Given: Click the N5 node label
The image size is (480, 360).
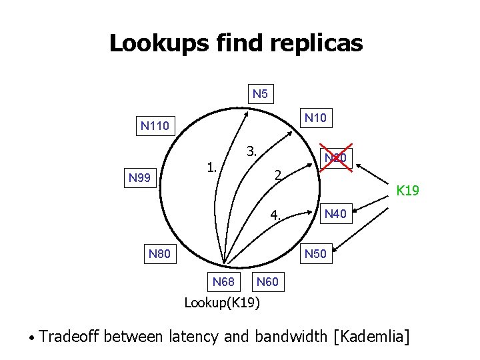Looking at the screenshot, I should pos(261,94).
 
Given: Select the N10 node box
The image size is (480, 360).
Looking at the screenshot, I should pos(316,118).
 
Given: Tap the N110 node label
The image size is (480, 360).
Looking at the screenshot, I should pos(155,125).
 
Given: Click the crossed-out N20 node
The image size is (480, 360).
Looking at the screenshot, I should pos(336,159).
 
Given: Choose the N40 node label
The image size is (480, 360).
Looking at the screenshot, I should pos(335,214).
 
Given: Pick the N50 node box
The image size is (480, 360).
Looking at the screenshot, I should pos(315,254).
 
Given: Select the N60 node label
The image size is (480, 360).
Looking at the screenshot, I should pos(267,282).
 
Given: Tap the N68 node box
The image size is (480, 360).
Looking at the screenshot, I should pos(223,282).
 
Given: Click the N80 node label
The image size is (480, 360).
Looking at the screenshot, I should pos(159,254).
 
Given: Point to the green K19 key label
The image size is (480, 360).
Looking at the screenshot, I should pos(407,191).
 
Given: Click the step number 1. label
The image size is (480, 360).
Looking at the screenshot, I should pos(212,166).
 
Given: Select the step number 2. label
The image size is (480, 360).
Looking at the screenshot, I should pos(279,176).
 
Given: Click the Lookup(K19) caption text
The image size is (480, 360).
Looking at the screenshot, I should pos(222,303).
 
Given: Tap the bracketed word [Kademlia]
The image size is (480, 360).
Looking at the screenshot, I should pos(375,335).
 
